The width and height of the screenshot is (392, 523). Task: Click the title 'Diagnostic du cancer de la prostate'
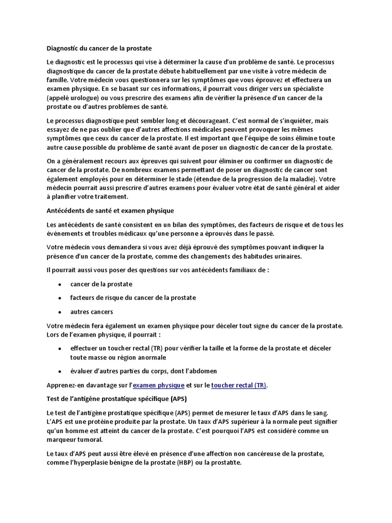99,49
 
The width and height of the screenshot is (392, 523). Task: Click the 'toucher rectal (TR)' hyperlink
238,385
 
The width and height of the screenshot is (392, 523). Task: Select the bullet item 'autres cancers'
92,312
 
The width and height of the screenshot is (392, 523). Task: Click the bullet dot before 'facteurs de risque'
60,298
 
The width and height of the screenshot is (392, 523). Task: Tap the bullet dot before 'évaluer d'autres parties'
60,371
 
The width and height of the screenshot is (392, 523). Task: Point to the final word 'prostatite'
223,463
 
